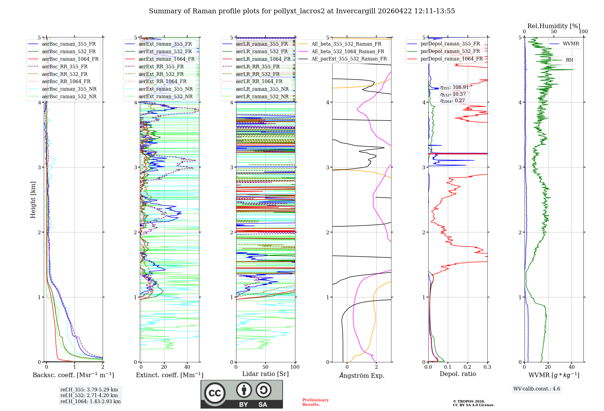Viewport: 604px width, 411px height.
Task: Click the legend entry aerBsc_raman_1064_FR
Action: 70,59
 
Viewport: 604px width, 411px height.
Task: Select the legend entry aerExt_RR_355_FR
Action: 161,67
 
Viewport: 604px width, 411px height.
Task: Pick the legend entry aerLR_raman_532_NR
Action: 262,97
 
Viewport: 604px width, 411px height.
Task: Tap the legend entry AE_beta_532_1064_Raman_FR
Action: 348,52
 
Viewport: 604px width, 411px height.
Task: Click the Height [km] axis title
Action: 33,200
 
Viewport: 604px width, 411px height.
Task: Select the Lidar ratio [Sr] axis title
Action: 265,374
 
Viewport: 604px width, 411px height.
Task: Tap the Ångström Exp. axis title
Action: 361,376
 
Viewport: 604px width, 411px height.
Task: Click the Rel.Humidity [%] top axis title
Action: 554,26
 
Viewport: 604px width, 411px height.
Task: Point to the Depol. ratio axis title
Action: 458,374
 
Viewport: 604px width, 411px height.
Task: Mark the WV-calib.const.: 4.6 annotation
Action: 537,389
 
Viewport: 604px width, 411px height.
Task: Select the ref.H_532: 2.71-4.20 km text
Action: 89,396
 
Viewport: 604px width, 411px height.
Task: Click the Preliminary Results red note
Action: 315,402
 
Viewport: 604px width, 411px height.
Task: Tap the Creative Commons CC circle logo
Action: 215,393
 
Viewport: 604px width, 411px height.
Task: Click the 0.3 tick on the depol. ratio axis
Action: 487,367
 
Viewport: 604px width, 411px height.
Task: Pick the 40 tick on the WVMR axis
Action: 571,367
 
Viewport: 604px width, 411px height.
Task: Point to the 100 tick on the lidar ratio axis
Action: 295,367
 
